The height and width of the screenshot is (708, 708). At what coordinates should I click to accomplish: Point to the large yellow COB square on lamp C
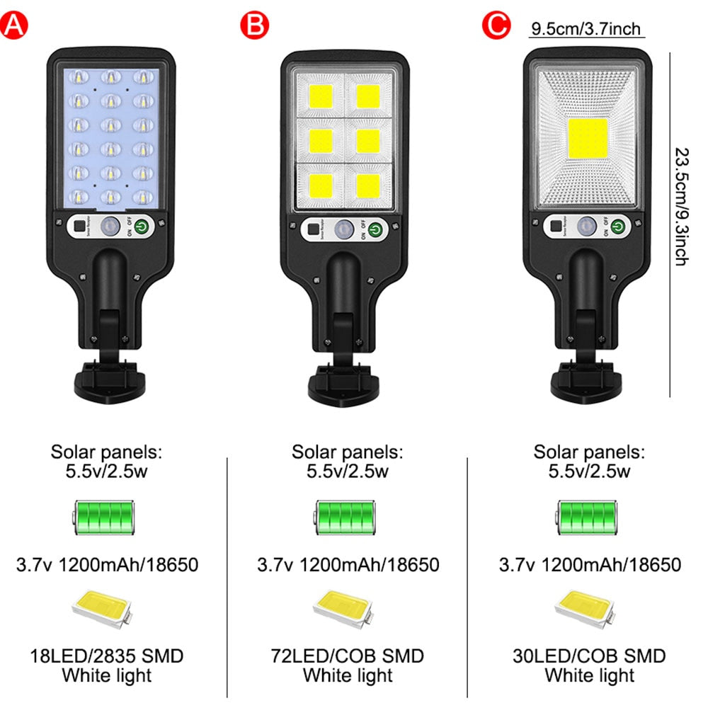tap(588, 139)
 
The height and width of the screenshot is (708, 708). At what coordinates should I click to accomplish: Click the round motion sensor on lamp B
tap(344, 229)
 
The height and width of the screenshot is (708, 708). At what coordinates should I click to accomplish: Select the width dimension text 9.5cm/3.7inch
tap(586, 29)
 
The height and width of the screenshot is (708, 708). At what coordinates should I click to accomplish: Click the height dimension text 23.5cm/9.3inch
tap(680, 206)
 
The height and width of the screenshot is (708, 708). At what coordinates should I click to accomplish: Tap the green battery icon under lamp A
tap(105, 518)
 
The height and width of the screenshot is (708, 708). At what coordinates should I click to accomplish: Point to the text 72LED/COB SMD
tap(347, 656)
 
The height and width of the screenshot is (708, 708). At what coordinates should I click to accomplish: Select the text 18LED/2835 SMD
tap(106, 656)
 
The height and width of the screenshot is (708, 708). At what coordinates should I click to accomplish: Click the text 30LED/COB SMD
tap(589, 656)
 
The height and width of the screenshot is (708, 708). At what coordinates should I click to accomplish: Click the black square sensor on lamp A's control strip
tap(77, 228)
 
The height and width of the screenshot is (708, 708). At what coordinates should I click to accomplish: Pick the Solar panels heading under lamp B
tap(347, 452)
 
